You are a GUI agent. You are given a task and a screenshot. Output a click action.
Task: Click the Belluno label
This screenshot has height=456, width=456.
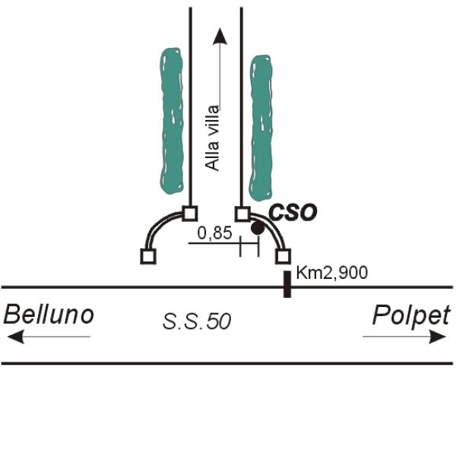pos(49,315)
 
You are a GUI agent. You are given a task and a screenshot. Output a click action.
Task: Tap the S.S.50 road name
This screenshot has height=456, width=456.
pos(197,321)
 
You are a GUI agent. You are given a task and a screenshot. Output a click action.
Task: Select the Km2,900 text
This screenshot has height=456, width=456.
pos(332,273)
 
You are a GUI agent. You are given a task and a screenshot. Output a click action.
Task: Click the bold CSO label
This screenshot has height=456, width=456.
pos(293,213)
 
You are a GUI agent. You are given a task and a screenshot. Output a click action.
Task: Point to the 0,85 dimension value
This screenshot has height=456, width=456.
pos(215,233)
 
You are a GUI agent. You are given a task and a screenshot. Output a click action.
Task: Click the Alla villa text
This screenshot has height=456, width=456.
pos(212,138)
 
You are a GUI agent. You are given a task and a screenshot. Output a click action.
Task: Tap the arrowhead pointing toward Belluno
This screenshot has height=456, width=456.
pos(15,337)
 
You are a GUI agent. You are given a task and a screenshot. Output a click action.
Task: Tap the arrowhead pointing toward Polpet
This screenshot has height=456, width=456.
pos(438,337)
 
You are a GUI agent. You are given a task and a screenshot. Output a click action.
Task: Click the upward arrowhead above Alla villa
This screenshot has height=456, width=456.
pos(220,36)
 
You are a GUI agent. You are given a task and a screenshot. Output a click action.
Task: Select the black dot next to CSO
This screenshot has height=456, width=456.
pos(258,228)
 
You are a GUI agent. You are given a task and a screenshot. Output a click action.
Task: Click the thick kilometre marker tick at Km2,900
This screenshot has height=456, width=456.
pos(287,284)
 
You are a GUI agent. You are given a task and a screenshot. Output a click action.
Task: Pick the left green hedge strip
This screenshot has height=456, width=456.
pos(172,122)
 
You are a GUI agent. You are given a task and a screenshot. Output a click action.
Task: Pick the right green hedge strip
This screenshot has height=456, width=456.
pos(261,128)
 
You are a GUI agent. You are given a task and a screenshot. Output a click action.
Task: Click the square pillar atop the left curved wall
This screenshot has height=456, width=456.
pos(190,214)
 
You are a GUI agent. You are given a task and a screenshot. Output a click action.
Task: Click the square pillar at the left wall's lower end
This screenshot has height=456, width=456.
pos(148,257)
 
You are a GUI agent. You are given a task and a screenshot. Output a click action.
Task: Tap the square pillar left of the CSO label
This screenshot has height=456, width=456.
pos(242,214)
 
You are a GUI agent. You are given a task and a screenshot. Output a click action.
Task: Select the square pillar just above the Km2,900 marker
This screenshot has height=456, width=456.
pos(283,257)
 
